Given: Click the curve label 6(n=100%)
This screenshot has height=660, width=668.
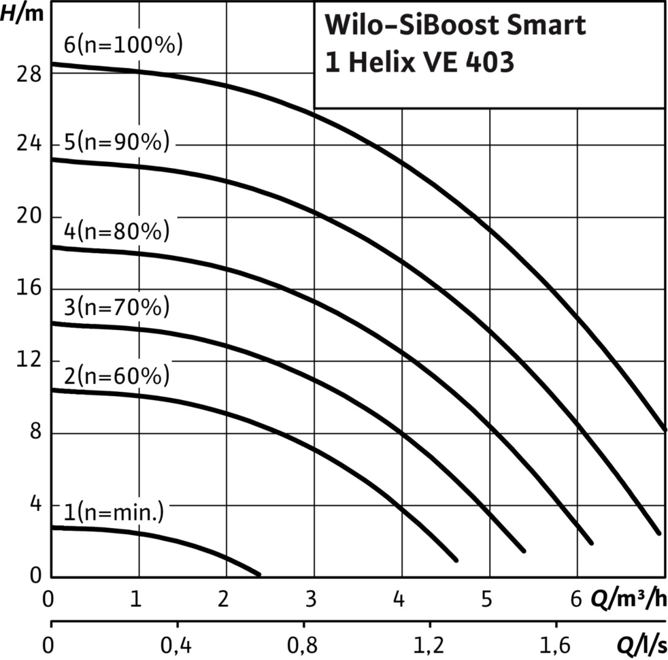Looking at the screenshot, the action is point(123,45).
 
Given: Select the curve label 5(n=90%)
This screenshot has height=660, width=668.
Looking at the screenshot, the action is point(117,142).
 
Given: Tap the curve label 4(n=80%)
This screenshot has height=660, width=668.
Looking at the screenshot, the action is point(117,232).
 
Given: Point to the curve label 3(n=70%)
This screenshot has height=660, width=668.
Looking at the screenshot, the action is point(117,307).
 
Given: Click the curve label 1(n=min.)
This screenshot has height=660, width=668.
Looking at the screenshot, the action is point(114,512).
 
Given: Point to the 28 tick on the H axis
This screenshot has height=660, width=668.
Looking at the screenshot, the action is point(29,74).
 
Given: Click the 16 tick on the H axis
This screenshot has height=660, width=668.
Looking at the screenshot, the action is point(29,288).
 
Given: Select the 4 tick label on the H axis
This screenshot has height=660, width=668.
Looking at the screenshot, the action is point(36,504).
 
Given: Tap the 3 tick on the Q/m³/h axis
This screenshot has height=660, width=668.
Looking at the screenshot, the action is point(311,599).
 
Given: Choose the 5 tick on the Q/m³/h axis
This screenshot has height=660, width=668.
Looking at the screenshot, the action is point(486,599).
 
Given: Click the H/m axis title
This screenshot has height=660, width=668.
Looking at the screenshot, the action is point(22,13).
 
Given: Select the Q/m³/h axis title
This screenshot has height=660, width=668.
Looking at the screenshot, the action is point(629,599).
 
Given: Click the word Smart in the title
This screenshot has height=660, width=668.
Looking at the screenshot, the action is point(546,24).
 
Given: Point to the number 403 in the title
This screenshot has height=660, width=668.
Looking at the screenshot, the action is point(490,62).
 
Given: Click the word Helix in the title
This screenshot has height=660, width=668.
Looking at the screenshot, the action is point(382,62).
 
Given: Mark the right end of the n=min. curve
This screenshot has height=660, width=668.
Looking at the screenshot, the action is point(259,575).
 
